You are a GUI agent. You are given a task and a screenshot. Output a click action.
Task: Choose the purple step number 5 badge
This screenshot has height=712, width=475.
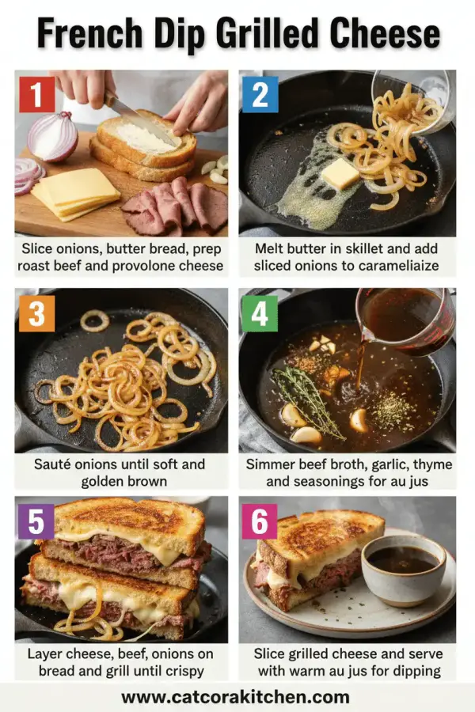tap(36, 520)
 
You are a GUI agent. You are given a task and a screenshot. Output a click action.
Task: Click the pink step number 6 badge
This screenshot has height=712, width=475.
tap(260, 520)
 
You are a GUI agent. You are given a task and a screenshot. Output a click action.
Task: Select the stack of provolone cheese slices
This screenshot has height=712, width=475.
tap(75, 192)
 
